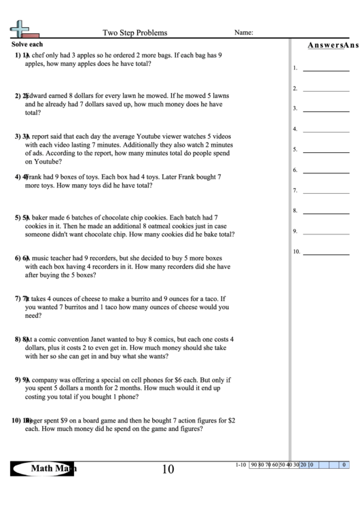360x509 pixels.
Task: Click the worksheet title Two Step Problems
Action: (x=134, y=32)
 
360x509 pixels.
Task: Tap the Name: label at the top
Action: (x=244, y=32)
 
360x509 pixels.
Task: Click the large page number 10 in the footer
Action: (x=168, y=469)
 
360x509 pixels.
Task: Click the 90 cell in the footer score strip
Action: (x=254, y=465)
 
